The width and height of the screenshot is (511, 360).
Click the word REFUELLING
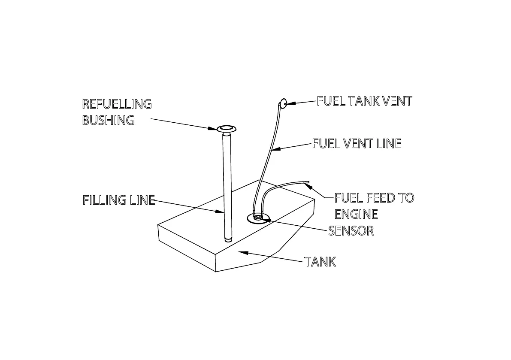[117, 104]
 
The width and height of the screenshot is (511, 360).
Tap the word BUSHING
[108, 121]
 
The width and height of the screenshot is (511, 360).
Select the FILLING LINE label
[118, 200]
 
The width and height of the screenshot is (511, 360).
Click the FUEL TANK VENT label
[364, 101]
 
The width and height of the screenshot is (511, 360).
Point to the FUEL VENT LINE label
[357, 143]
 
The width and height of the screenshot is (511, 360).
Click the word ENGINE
[356, 214]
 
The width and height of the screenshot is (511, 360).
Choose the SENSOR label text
[351, 231]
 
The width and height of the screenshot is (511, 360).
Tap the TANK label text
[320, 262]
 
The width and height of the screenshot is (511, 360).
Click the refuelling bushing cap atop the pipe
[227, 129]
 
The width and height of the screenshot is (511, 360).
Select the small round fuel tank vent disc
[283, 103]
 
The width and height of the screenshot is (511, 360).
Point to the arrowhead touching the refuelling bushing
[213, 127]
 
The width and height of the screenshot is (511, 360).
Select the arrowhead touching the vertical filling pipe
[221, 211]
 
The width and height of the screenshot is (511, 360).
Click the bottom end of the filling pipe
[228, 239]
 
